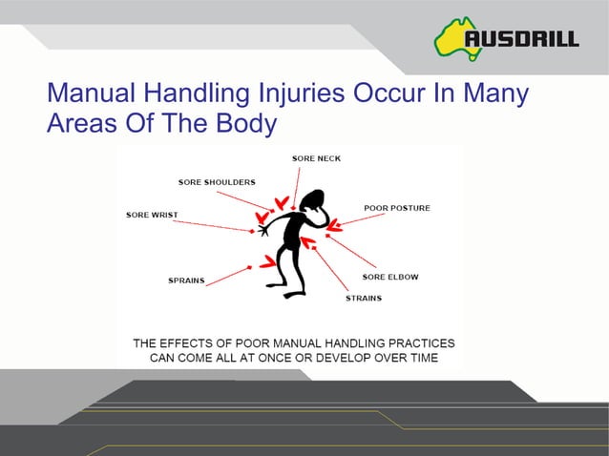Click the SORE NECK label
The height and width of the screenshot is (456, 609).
(x=316, y=157)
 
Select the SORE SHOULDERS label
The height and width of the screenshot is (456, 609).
(x=217, y=182)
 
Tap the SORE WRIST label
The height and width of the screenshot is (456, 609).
(x=152, y=215)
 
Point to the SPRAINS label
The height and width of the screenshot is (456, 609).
(x=186, y=281)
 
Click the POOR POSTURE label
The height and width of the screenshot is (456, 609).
(x=397, y=207)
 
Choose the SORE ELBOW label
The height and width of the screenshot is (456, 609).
(x=390, y=277)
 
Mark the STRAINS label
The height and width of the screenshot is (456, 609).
(x=364, y=298)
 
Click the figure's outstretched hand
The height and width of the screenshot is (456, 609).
(x=263, y=229)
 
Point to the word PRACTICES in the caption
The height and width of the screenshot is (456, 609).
(x=409, y=342)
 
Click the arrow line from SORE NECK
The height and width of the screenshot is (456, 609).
(x=297, y=181)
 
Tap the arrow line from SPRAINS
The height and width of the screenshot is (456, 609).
(x=228, y=276)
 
